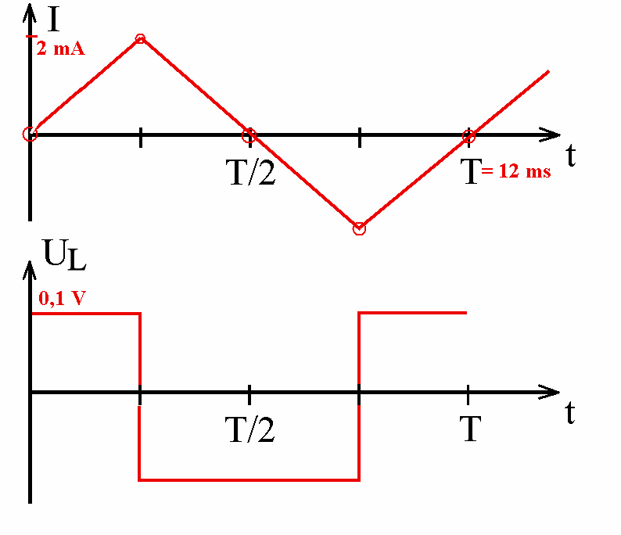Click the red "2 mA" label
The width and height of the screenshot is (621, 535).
(x=60, y=48)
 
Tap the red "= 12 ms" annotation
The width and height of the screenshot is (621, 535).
(x=516, y=171)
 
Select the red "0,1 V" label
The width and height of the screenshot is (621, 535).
(x=63, y=298)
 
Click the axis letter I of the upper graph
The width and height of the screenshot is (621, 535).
(x=53, y=19)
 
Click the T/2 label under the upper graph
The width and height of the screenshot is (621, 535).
(x=250, y=172)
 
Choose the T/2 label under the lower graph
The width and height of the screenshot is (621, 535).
(x=249, y=429)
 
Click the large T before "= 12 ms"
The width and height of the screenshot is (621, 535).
(x=471, y=171)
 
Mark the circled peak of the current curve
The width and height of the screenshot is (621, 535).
(x=140, y=39)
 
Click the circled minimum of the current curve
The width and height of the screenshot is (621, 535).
(x=359, y=229)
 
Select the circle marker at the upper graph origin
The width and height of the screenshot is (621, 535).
(x=30, y=135)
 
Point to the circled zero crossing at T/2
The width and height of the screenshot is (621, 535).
(x=249, y=135)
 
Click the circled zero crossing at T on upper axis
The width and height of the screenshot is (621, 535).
(x=468, y=136)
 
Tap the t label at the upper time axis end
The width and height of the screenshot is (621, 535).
(x=570, y=155)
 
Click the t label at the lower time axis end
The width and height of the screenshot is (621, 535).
(x=569, y=412)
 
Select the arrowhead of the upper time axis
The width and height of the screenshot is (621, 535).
(x=550, y=135)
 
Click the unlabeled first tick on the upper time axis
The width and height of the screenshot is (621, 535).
(x=141, y=137)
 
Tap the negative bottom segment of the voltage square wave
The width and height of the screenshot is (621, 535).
(x=249, y=480)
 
